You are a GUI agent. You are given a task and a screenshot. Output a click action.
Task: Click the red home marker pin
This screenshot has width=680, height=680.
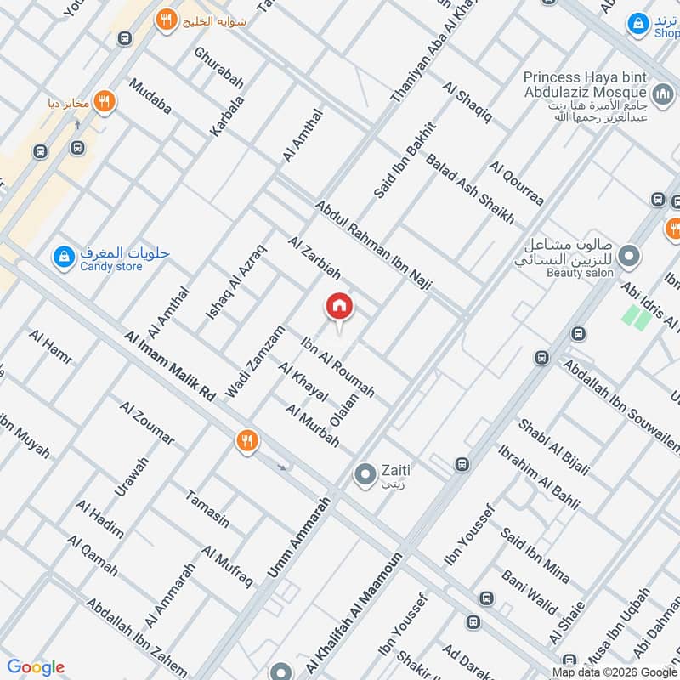coord(339,306)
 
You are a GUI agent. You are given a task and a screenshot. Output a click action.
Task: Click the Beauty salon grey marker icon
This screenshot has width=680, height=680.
coord(629,254)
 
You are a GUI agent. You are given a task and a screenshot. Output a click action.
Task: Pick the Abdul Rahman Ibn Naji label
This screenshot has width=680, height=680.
coord(373,247)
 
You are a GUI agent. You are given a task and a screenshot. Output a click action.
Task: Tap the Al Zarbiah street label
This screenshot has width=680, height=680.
coord(314,259)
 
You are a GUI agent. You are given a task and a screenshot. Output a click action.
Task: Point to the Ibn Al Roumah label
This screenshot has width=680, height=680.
coord(337,367)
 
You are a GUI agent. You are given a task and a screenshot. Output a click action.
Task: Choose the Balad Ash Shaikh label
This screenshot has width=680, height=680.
coord(470,189)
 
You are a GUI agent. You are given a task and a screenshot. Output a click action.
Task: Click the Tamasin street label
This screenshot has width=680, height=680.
coord(207,508)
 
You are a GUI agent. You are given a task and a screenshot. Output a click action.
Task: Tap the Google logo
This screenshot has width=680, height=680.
coord(36,667)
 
